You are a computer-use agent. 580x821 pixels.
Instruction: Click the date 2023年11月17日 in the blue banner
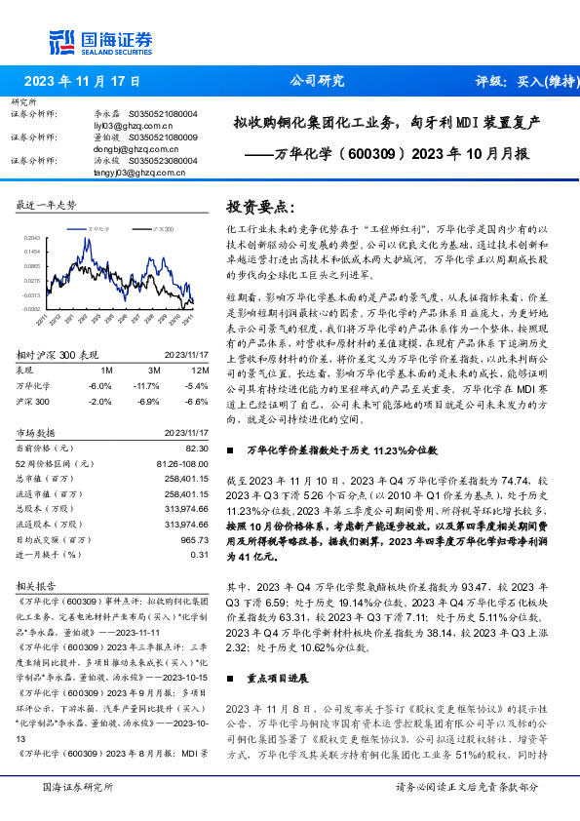pyautogui.click(x=82, y=82)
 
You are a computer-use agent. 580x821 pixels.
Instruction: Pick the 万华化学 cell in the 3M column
pyautogui.click(x=153, y=386)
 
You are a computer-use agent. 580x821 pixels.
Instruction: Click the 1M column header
pyautogui.click(x=107, y=371)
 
